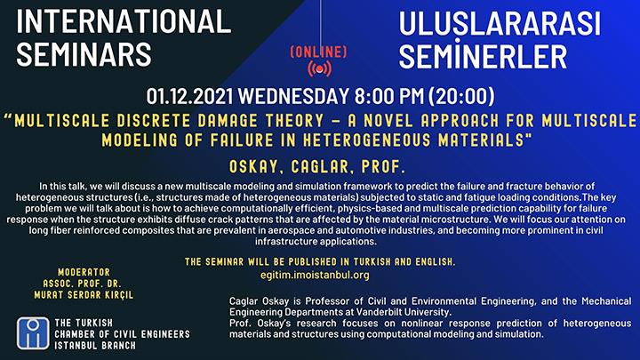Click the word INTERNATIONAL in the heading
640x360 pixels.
pyautogui.click(x=124, y=21)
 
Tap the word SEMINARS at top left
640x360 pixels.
pyautogui.click(x=84, y=55)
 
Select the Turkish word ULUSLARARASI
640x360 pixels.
pyautogui.click(x=500, y=25)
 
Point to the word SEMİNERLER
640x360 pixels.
pyautogui.click(x=483, y=56)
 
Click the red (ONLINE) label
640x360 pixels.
pyautogui.click(x=319, y=52)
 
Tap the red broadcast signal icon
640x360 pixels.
pyautogui.click(x=319, y=68)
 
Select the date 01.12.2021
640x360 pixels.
pyautogui.click(x=189, y=96)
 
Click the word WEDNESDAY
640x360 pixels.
pyautogui.click(x=293, y=96)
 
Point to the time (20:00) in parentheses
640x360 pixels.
pyautogui.click(x=461, y=96)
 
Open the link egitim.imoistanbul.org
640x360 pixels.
pyautogui.click(x=315, y=275)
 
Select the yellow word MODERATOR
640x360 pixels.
pyautogui.click(x=84, y=272)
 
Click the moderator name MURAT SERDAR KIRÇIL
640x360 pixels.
pyautogui.click(x=84, y=295)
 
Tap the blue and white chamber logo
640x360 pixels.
pyautogui.click(x=33, y=333)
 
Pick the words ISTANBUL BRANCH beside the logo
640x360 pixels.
pyautogui.click(x=95, y=345)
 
